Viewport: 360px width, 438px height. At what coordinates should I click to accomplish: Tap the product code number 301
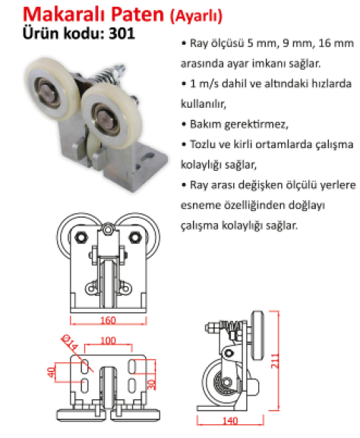coord(122,33)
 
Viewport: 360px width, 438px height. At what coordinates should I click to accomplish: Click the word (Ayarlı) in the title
coord(196,16)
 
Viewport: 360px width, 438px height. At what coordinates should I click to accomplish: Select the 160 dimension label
coord(108,320)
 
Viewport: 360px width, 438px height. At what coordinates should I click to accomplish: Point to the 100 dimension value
coord(108,341)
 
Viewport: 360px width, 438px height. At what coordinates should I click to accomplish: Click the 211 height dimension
coord(275,361)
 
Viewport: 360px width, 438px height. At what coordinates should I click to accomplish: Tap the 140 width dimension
coord(230,421)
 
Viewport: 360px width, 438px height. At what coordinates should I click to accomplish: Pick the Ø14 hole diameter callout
coord(70,342)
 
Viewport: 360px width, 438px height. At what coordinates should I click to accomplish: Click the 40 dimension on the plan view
coord(52,372)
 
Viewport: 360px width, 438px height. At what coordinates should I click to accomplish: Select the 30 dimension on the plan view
coord(151,385)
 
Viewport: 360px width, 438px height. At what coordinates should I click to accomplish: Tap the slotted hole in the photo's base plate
coord(148,156)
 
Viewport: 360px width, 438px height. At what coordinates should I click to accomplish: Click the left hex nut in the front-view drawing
coord(81,238)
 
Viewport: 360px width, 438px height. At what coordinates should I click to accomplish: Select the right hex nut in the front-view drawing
coord(135,238)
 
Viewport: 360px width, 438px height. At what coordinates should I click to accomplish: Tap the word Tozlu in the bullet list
coord(202,144)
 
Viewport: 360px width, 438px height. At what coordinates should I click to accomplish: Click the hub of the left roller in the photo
coord(47,91)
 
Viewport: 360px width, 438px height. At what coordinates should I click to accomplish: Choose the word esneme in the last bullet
coord(201,205)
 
